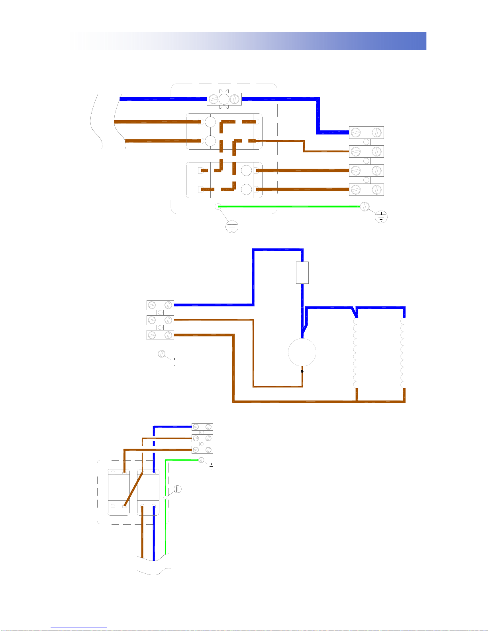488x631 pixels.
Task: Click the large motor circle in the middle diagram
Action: click(302, 352)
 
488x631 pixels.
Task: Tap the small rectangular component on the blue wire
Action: click(302, 273)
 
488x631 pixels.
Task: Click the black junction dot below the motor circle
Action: click(302, 371)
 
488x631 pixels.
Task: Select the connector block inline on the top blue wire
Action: click(224, 99)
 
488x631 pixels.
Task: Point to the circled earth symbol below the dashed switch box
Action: click(231, 227)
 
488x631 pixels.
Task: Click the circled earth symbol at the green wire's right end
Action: click(381, 217)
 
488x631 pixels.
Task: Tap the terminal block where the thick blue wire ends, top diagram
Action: click(366, 132)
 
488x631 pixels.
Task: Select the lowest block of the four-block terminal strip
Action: click(366, 189)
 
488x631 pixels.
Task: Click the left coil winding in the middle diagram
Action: click(356, 353)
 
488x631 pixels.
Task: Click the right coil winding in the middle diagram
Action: click(403, 353)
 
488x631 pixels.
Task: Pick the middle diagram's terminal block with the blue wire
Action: click(160, 305)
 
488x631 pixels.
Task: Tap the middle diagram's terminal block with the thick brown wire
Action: click(160, 335)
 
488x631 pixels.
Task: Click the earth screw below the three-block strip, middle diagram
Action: click(162, 354)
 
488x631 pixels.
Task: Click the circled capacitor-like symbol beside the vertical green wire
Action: click(178, 489)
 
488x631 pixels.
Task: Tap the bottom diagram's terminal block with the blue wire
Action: click(202, 427)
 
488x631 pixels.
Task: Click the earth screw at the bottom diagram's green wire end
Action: click(201, 460)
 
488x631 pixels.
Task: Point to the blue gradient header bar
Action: click(248, 41)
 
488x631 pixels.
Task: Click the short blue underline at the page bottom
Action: click(79, 627)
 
